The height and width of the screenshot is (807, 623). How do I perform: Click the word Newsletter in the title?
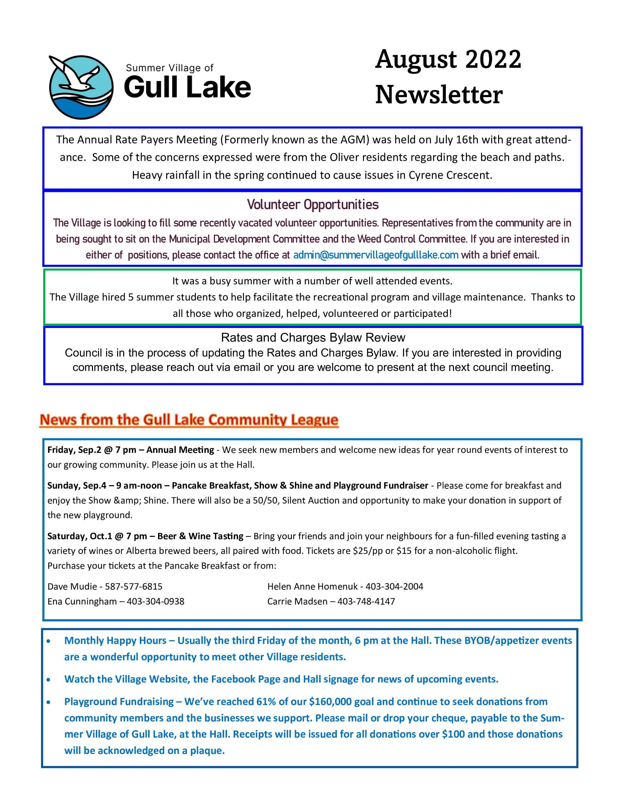tap(439, 95)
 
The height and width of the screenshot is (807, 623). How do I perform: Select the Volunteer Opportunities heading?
tap(312, 204)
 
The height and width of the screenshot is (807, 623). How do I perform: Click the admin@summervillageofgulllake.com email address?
tap(376, 255)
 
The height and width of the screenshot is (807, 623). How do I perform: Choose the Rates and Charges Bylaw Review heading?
tap(313, 337)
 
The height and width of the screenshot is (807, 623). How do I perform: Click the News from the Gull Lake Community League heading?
tap(189, 420)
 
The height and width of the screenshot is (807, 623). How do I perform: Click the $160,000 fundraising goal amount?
tap(330, 702)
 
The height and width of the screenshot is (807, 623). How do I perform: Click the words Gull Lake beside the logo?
tap(187, 87)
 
